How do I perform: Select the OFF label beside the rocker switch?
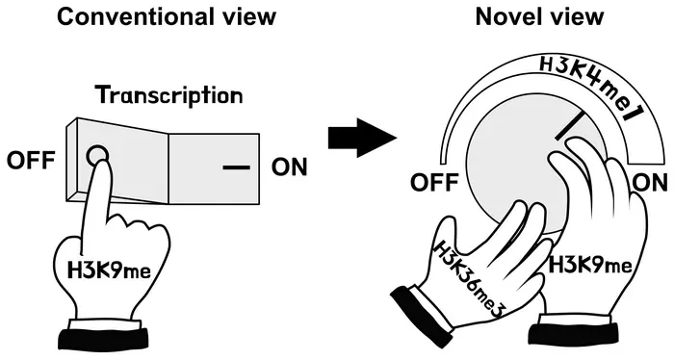tap(30, 161)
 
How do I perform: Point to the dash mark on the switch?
tap(235, 167)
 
